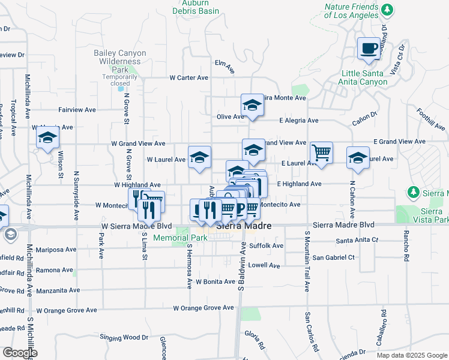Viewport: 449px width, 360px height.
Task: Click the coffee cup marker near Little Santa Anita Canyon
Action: [369, 49]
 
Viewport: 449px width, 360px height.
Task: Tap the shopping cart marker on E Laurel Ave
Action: [322, 152]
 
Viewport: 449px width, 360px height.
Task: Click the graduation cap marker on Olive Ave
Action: [253, 105]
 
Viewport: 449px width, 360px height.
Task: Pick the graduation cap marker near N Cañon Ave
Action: [358, 158]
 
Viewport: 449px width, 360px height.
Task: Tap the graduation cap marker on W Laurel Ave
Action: [199, 158]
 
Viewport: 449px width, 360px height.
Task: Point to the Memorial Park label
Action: [180, 238]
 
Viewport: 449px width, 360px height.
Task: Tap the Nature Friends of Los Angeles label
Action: [351, 10]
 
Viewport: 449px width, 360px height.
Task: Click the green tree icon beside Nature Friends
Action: [388, 10]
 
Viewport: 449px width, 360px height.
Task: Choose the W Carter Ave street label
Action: [188, 77]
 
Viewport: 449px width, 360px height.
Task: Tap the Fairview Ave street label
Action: [77, 110]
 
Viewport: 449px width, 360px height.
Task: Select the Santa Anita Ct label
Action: [357, 240]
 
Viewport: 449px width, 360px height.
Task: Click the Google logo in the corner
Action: [19, 352]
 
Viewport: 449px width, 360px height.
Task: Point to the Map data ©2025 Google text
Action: [411, 355]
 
